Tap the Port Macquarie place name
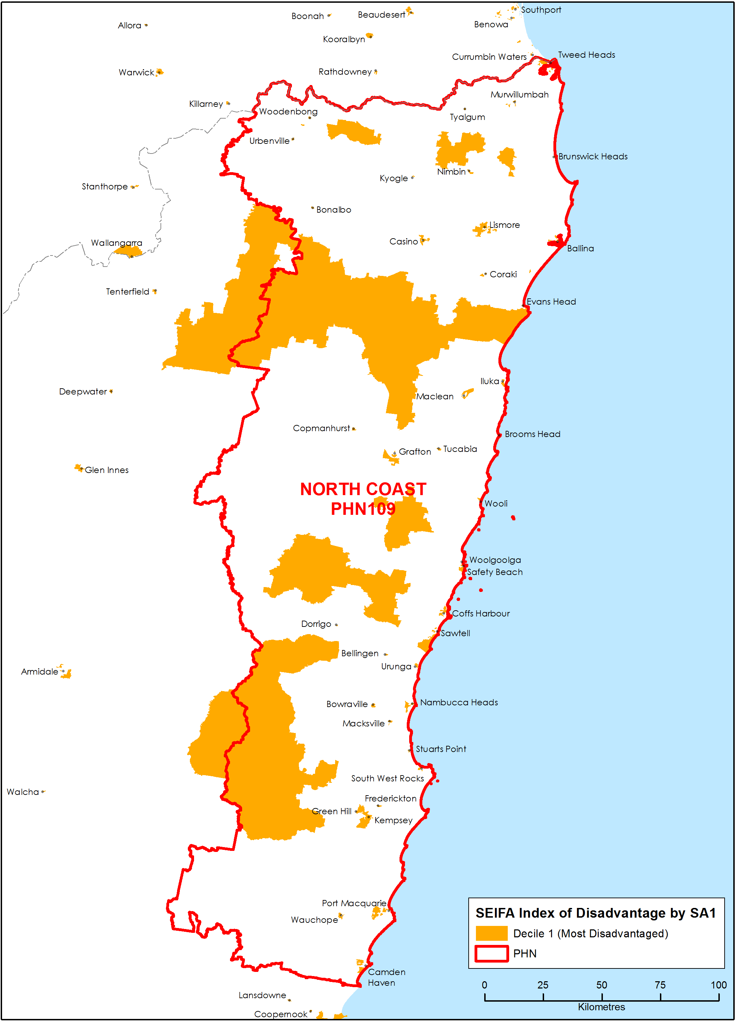pos(353,903)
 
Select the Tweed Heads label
pos(586,55)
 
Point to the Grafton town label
pos(415,452)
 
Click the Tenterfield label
pos(127,292)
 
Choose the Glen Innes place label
pos(107,470)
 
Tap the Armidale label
pos(40,672)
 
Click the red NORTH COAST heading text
pos(363,489)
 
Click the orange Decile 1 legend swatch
pos(491,933)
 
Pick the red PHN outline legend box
pos(491,954)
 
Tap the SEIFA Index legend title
pos(595,913)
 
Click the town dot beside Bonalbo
pos(313,208)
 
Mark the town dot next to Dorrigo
pos(337,625)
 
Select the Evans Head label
pos(551,301)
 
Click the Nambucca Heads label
pos(459,702)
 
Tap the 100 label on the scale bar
pos(718,985)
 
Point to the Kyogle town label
pos(394,178)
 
